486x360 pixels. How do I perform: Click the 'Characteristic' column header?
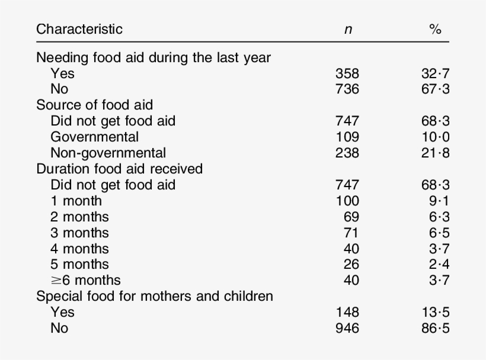coord(79,29)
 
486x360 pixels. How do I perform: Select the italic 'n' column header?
coord(347,30)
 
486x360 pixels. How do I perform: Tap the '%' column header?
coord(435,30)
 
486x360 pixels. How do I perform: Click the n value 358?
coord(347,74)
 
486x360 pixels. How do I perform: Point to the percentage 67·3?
coord(435,89)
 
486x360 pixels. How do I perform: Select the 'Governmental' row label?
coord(95,137)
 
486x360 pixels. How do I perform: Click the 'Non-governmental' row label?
coord(108,153)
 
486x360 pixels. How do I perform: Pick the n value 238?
coord(347,153)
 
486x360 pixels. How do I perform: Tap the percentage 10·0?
coord(435,137)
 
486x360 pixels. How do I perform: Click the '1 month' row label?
coord(76,201)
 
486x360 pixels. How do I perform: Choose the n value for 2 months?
coord(351,217)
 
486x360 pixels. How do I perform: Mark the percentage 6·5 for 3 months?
coord(439,233)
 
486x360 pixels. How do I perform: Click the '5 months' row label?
coord(79,264)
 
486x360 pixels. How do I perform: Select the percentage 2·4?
coord(439,264)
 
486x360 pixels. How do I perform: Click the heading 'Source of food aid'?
coord(95,105)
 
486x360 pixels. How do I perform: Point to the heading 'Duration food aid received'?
coord(119,169)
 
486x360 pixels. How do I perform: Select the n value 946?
coord(347,327)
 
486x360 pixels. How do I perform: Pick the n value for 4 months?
coord(351,249)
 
